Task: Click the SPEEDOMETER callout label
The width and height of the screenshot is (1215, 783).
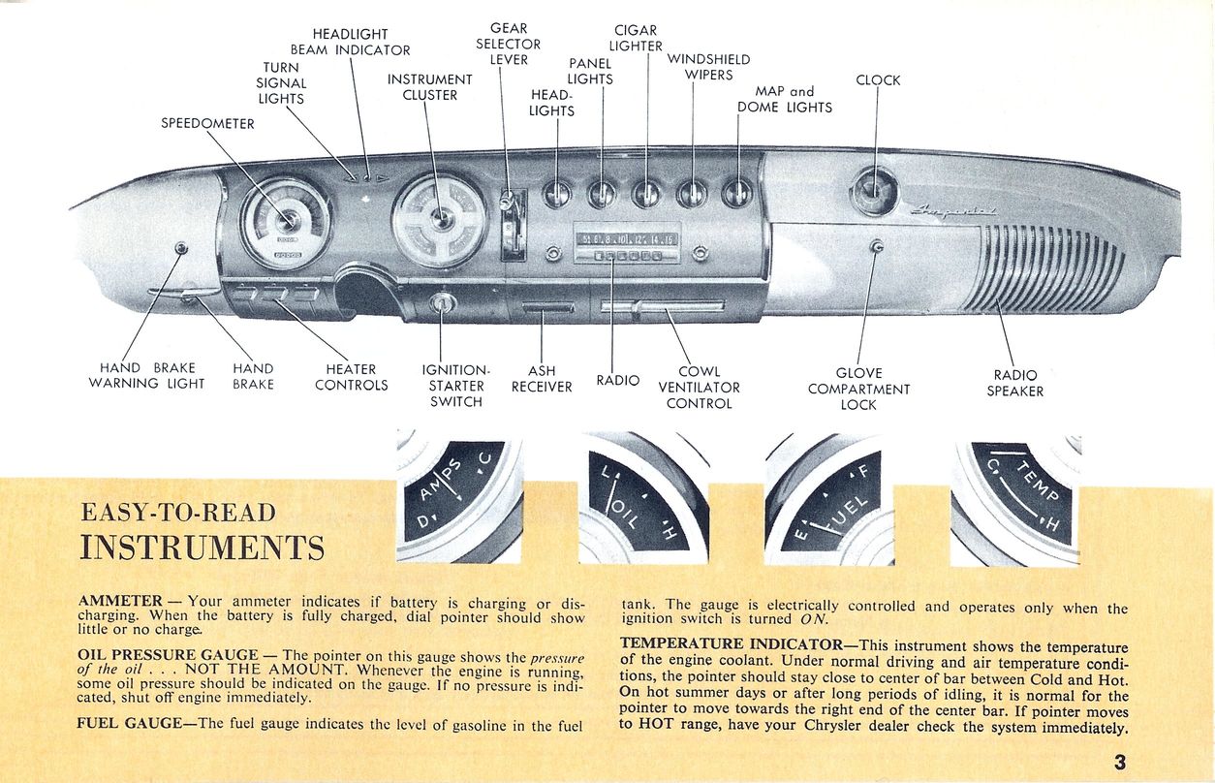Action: [207, 123]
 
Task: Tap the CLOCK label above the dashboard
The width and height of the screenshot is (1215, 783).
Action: [878, 80]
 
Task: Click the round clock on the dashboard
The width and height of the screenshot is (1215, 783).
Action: [873, 190]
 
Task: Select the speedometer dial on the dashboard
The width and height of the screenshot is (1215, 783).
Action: [286, 222]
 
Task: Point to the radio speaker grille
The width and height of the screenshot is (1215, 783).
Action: [1053, 266]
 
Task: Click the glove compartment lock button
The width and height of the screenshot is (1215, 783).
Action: [876, 247]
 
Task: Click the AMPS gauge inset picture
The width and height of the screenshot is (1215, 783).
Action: [459, 498]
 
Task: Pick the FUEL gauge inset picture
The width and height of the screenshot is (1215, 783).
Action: [829, 498]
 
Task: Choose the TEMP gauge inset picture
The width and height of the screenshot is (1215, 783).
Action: [1015, 498]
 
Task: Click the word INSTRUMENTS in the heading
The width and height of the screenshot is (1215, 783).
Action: [202, 548]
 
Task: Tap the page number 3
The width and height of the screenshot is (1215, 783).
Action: [1119, 762]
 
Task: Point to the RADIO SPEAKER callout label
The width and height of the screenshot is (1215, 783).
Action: [1015, 383]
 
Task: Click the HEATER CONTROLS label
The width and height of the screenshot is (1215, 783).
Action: [351, 377]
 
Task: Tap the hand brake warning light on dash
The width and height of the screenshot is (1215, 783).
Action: [180, 249]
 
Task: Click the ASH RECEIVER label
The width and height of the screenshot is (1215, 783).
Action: [542, 379]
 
